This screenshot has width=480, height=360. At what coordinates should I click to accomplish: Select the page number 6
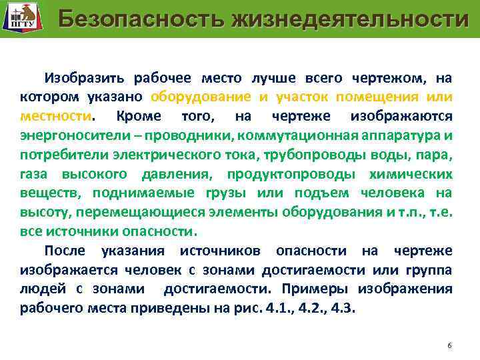tap(449, 345)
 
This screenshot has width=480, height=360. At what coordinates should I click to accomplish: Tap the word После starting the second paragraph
tap(67, 251)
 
